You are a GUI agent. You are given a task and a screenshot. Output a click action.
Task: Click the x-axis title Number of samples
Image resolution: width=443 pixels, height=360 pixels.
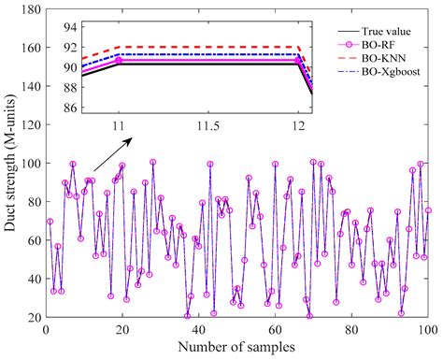[x=237, y=348]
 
